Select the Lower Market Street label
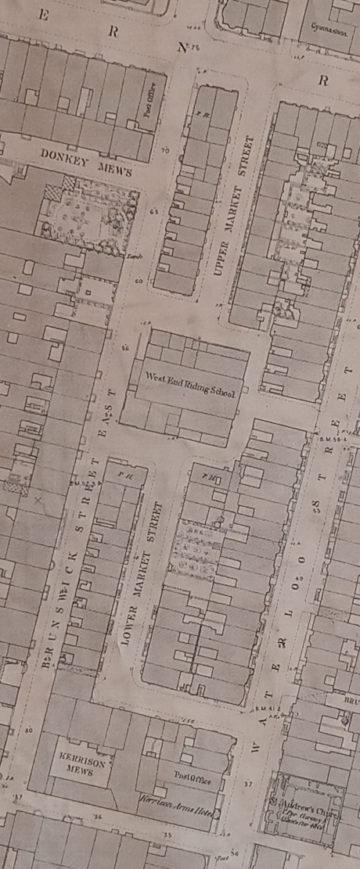[138, 576]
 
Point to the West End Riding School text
[190, 382]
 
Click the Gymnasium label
[327, 25]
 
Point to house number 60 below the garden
[138, 280]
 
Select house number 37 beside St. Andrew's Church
[248, 782]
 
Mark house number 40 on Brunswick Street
[29, 731]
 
